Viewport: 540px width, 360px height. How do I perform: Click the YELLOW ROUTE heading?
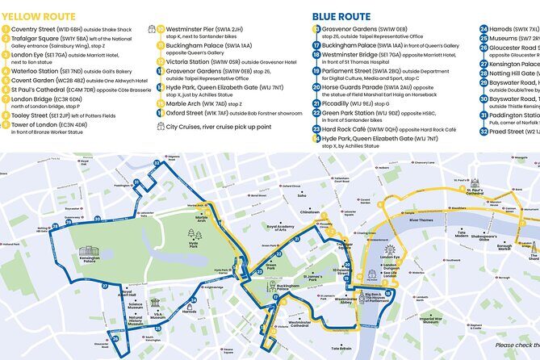[x=41, y=15]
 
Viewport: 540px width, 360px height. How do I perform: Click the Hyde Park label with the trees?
[x=192, y=242]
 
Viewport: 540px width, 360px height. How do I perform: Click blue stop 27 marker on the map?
[x=104, y=286]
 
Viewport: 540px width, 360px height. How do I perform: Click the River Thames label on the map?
[x=421, y=220]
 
